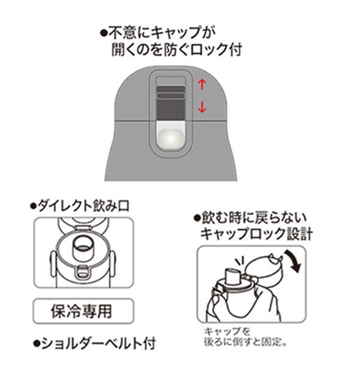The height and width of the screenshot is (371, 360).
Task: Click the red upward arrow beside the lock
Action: pos(202,85)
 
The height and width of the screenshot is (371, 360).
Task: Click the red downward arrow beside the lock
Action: pos(202,107)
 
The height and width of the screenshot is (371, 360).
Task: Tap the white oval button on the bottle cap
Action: pos(171,139)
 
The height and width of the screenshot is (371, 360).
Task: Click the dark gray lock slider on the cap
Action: pos(171,103)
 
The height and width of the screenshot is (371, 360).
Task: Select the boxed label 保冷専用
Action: pos(83,311)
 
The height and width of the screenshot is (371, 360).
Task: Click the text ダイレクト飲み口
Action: pos(83,206)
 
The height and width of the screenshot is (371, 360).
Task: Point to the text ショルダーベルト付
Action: pos(98,343)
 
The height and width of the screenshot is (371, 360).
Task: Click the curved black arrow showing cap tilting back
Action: pos(293,261)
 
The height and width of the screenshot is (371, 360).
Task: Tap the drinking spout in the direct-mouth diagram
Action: pos(82,249)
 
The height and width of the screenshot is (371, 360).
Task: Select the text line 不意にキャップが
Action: pos(162,32)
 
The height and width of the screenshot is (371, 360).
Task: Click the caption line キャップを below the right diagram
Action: pos(227,332)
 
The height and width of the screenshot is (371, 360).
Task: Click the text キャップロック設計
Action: pos(257,234)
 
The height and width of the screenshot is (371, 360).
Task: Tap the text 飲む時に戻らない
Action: pos(254,218)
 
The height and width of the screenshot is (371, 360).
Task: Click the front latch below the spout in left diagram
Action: pos(83,271)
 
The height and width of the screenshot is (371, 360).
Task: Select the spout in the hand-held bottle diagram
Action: pos(233,276)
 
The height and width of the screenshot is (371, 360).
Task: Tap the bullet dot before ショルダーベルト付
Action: pos(36,343)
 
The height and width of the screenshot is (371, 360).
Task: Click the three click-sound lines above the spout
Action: pos(239,262)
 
